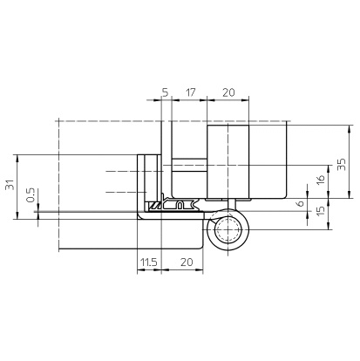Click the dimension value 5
(x=165, y=92)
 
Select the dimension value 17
(x=190, y=92)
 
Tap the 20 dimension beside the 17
(x=228, y=92)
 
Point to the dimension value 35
(x=342, y=165)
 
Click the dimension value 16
(x=320, y=180)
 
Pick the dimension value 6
(x=301, y=203)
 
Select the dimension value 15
(x=320, y=211)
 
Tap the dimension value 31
(x=10, y=185)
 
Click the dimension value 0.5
(x=31, y=195)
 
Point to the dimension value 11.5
(x=149, y=262)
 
